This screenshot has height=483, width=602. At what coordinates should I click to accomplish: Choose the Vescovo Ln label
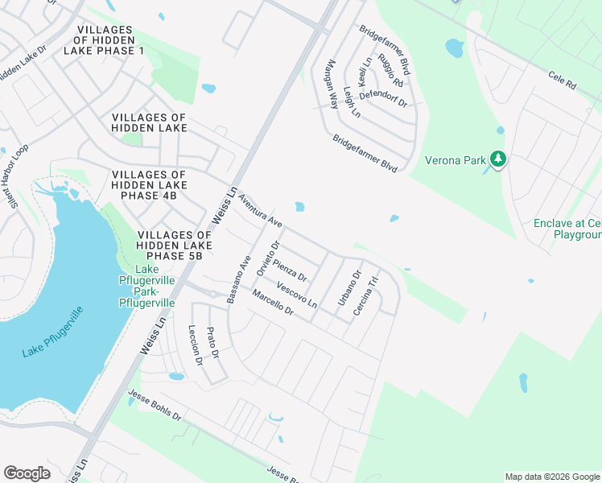pos(296,295)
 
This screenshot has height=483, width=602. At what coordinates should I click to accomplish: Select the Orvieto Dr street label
pos(266,258)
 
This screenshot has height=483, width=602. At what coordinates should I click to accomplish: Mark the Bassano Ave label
pos(239,279)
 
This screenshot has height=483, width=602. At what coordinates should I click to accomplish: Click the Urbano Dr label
pos(348,287)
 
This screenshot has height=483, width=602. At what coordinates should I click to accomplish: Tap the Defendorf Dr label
pos(385,100)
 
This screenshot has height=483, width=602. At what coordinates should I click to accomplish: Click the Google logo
pos(27,473)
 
